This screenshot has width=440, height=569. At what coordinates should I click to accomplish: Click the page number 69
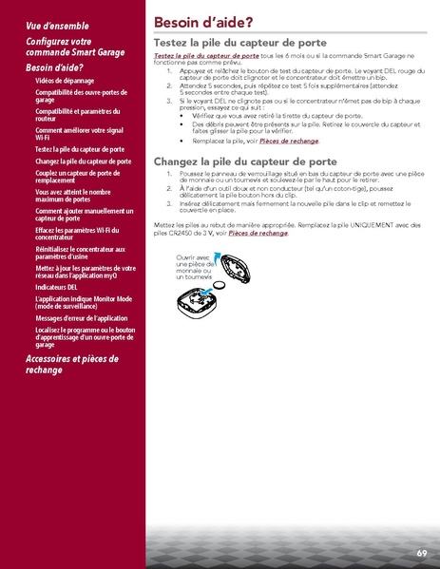(x=421, y=552)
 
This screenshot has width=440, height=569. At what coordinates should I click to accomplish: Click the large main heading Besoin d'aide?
(x=202, y=21)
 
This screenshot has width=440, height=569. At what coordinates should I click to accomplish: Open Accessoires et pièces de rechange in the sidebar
(x=71, y=365)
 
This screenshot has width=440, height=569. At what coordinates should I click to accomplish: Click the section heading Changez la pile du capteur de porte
(x=245, y=161)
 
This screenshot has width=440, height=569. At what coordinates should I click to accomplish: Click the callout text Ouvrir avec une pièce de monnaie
(x=193, y=267)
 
